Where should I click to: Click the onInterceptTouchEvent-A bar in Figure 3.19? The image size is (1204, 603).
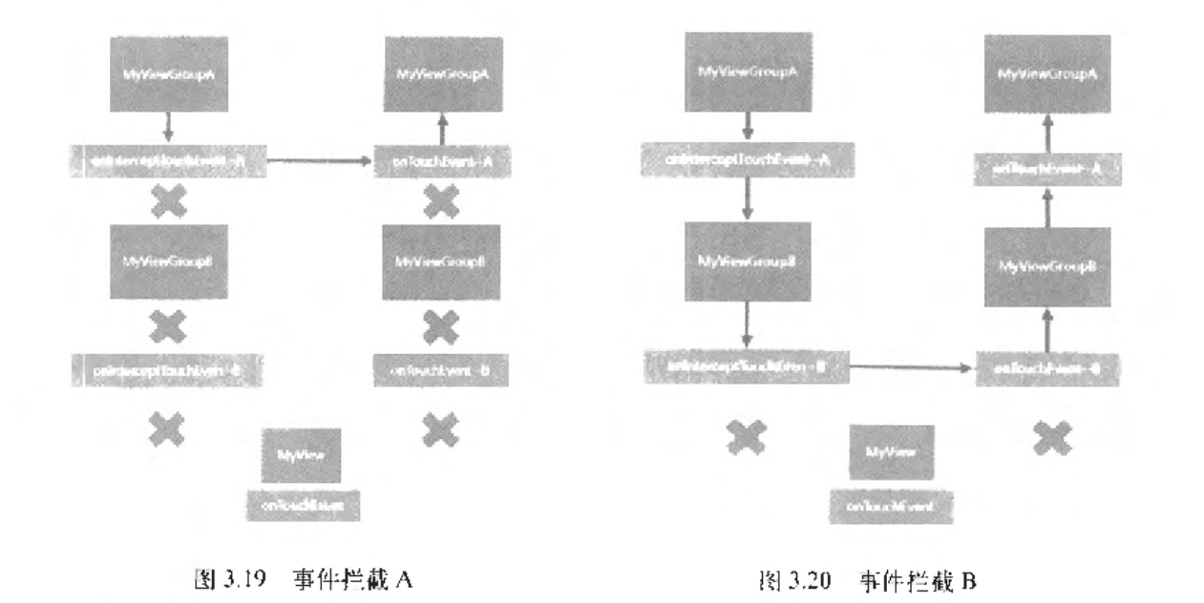[x=168, y=161]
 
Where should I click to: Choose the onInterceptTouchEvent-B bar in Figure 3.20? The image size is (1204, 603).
[x=746, y=366]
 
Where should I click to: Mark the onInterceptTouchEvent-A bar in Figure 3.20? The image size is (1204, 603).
[x=748, y=160]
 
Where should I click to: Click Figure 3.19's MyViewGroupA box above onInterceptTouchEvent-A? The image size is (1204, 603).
[x=168, y=74]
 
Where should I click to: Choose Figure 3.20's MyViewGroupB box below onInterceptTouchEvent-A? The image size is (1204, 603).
[x=748, y=260]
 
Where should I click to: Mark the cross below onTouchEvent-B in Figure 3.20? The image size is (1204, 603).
[x=1049, y=437]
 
